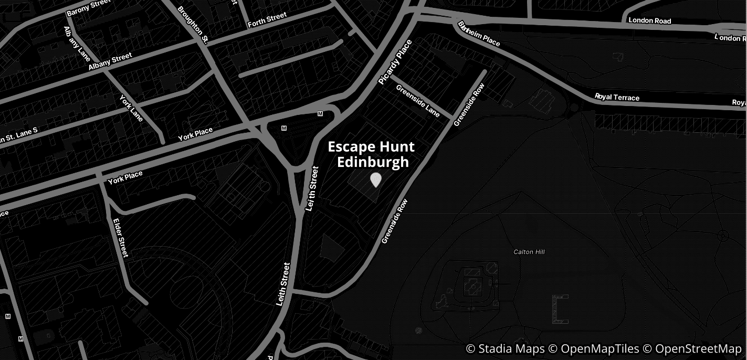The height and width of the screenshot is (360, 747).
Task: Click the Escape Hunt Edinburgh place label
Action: (371, 154)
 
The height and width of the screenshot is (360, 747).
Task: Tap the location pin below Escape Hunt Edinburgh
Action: (375, 180)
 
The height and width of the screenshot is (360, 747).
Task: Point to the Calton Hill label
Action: (529, 252)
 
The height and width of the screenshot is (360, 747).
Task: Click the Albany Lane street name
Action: (77, 44)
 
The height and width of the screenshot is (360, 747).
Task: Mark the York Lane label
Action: (131, 107)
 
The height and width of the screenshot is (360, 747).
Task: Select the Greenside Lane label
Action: (418, 101)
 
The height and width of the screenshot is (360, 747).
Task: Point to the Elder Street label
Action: (121, 238)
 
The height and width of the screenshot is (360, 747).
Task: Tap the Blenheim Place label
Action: (479, 34)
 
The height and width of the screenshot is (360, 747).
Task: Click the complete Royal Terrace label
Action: (617, 97)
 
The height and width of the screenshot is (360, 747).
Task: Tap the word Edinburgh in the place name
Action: (373, 162)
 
